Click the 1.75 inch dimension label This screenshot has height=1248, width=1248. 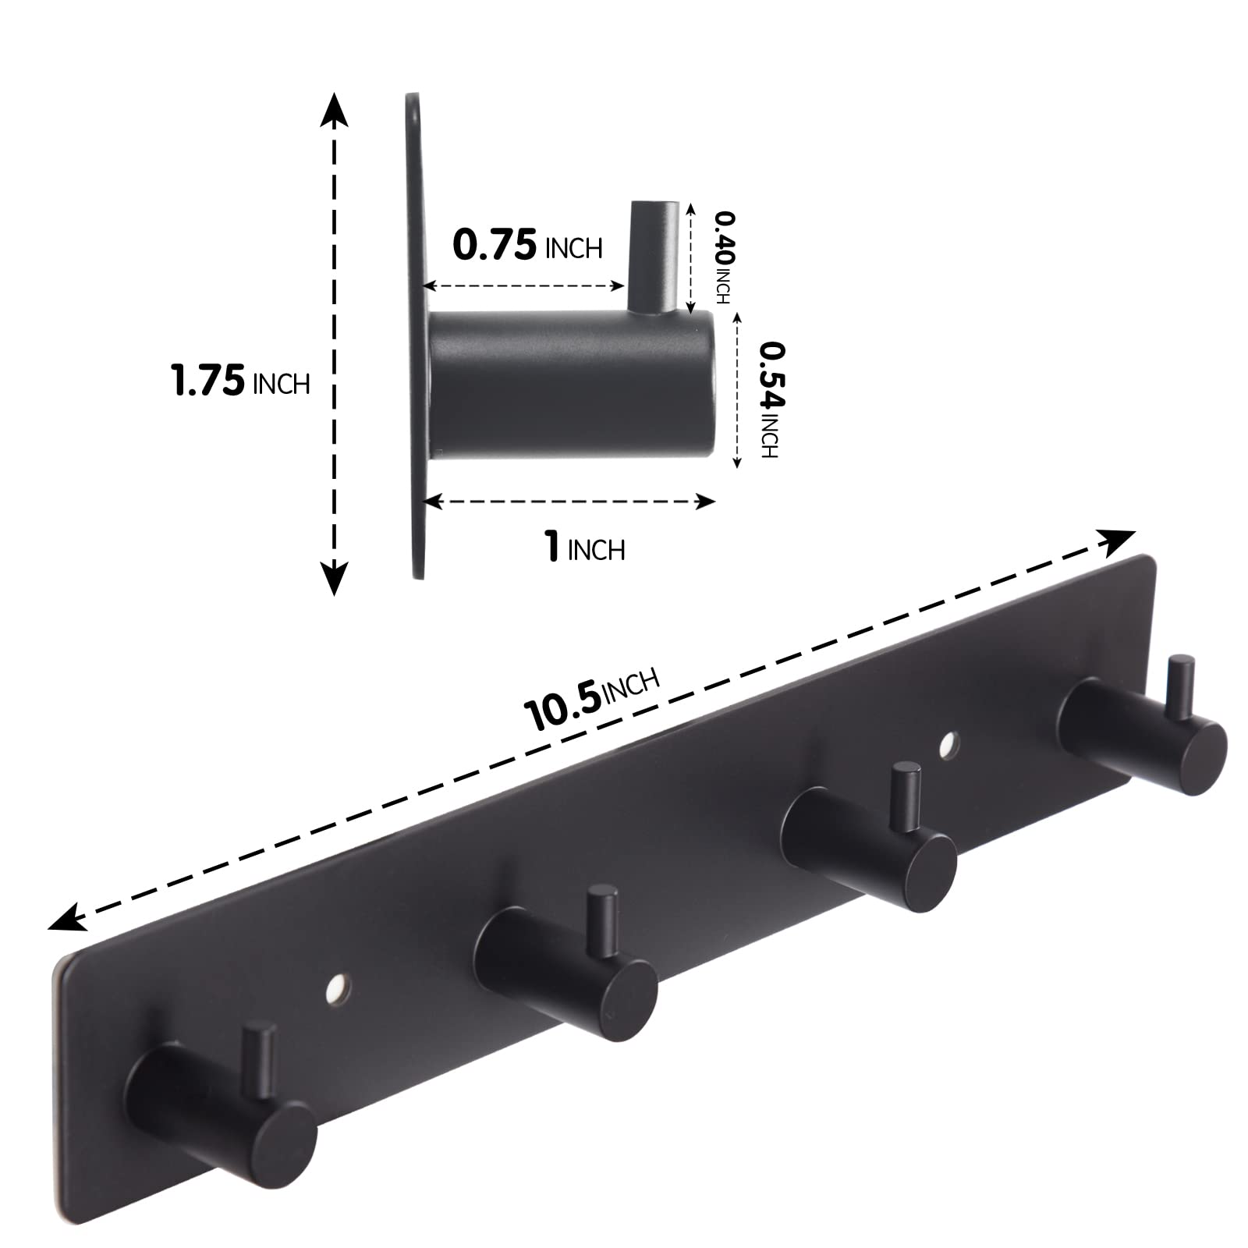(x=240, y=381)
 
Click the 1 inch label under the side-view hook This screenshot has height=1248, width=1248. (x=585, y=548)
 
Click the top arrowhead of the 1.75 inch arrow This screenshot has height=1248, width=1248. (x=335, y=109)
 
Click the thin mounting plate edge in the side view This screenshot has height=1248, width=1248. (x=414, y=335)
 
